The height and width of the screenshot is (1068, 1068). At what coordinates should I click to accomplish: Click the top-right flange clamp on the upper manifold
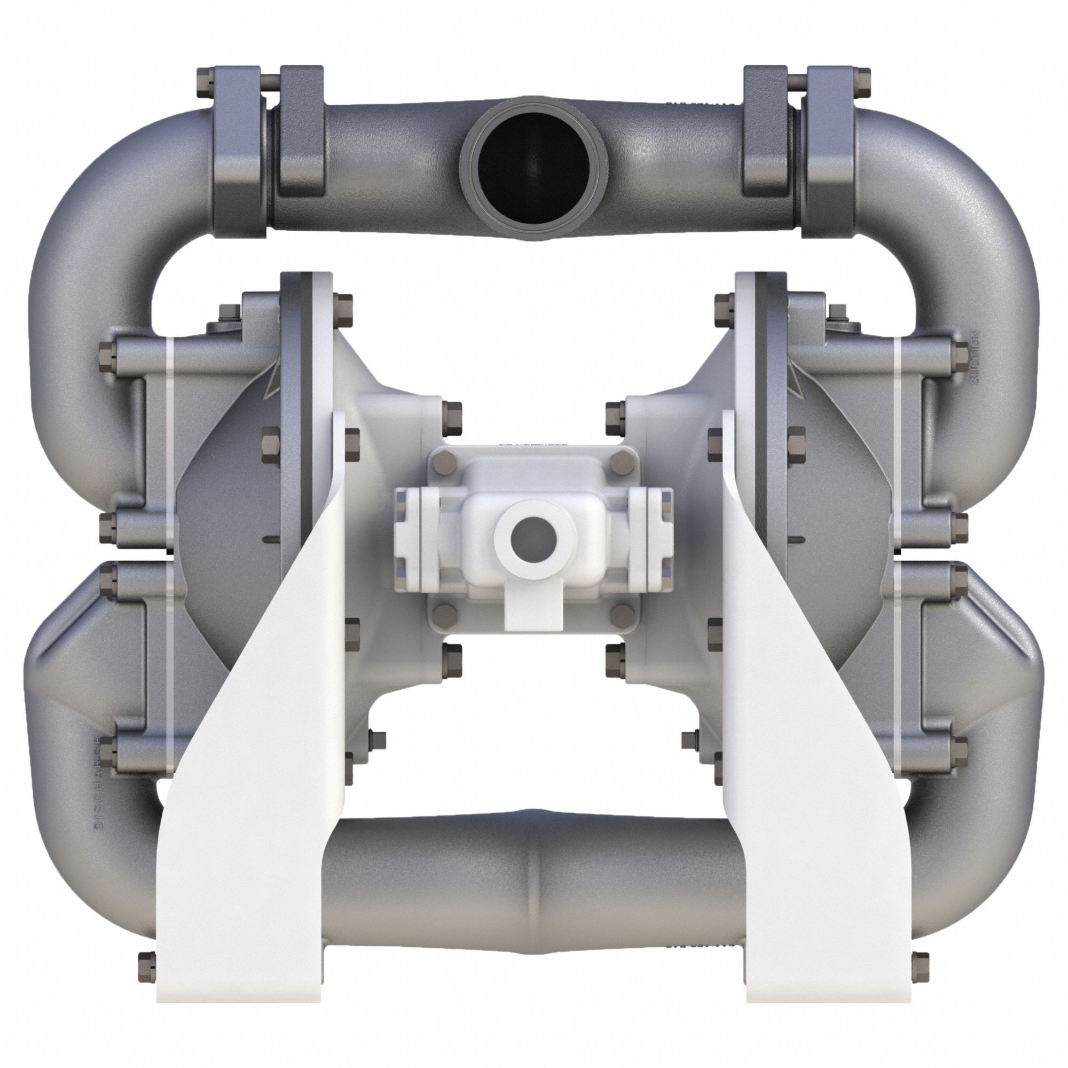point(765,132)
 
